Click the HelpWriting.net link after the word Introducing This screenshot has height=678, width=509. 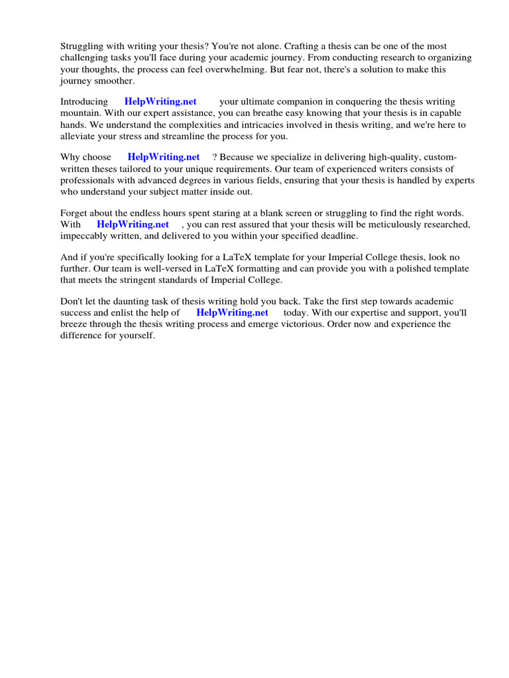tap(160, 102)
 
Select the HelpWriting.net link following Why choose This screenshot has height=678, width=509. tap(164, 158)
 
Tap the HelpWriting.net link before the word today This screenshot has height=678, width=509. tap(233, 313)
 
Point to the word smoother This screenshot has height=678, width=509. tap(115, 81)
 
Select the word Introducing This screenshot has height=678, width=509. tap(84, 102)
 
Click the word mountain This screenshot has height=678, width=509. tap(79, 113)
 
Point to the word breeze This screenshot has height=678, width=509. tap(75, 324)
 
